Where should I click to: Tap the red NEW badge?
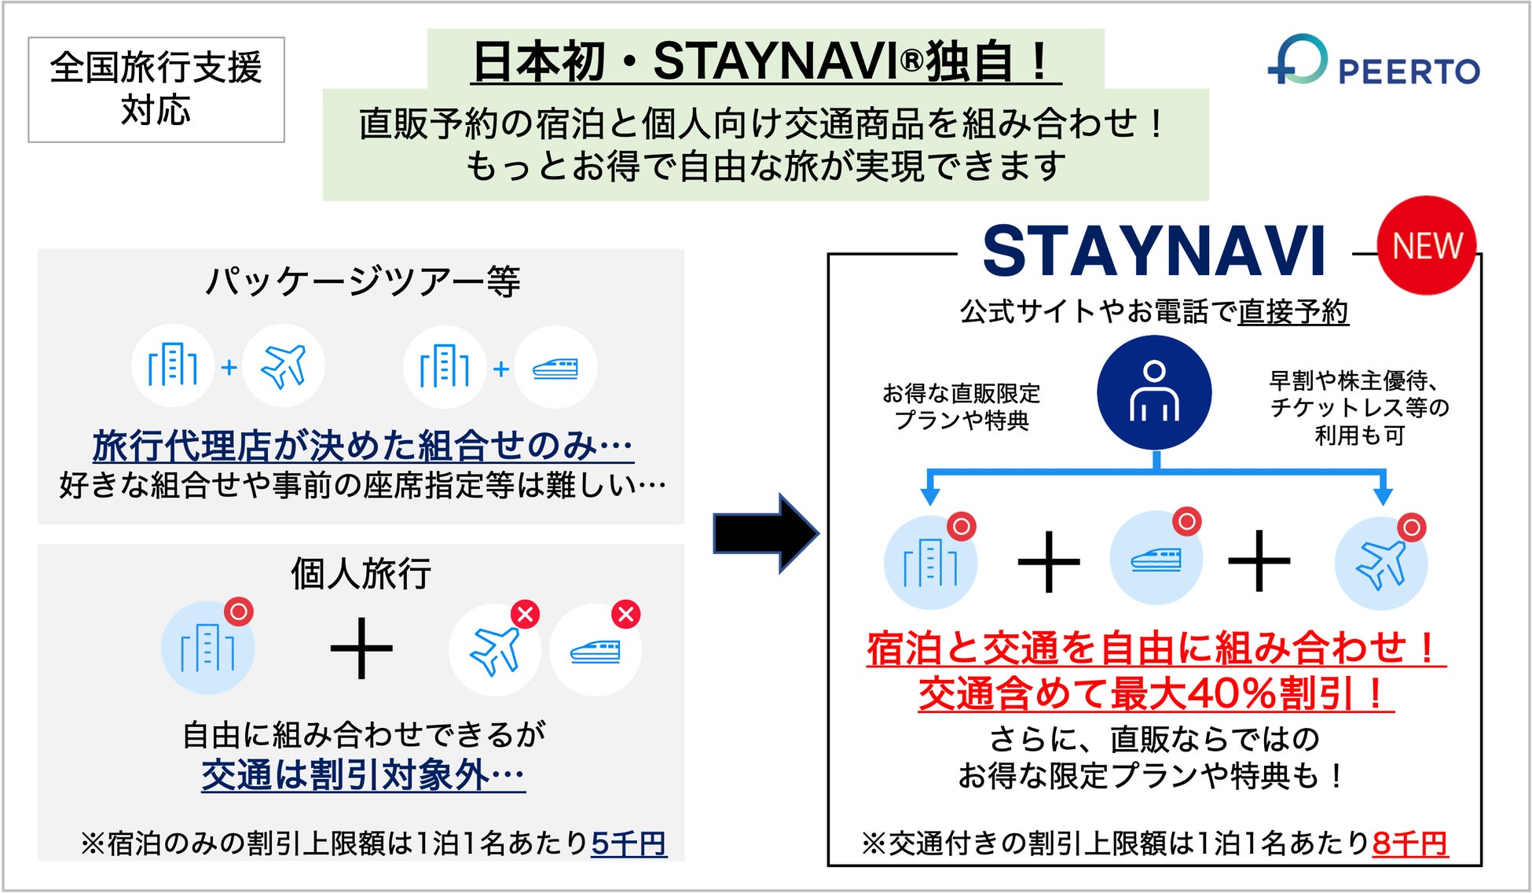tap(1426, 245)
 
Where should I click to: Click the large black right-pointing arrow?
tap(765, 533)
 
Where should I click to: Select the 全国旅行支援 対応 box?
tap(156, 89)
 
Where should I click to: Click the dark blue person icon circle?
tap(1153, 392)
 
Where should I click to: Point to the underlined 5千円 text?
tap(629, 843)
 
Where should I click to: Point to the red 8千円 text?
tap(1409, 843)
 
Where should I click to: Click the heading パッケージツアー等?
tap(362, 281)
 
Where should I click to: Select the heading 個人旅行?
tap(361, 573)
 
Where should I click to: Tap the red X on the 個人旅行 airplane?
tap(526, 614)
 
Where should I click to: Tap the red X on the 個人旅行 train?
tap(626, 614)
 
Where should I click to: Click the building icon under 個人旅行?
tap(207, 648)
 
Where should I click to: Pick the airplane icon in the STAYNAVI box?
tap(1380, 564)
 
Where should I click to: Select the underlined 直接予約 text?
tap(1293, 312)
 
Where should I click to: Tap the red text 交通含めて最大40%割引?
tap(1155, 693)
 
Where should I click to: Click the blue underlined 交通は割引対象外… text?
tap(363, 775)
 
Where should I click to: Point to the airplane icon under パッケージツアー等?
tap(283, 366)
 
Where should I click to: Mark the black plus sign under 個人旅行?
tap(361, 649)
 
